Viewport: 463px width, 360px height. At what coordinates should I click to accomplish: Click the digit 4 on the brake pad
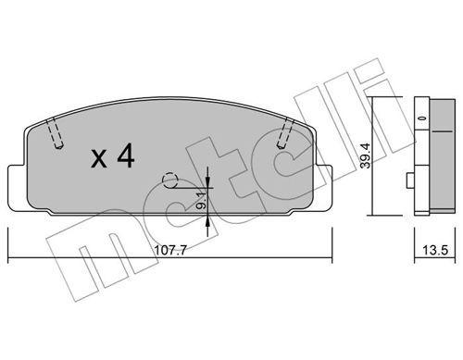click(x=125, y=157)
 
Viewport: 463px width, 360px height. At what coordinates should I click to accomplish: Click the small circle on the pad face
click(x=169, y=180)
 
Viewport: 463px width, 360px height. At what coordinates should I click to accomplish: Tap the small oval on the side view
click(x=420, y=119)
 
